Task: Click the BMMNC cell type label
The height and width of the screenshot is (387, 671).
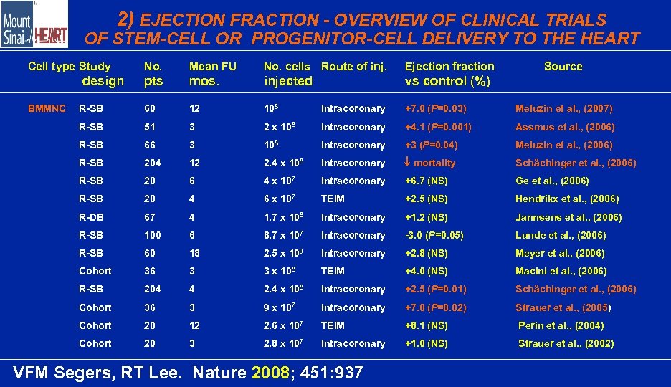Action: click(x=47, y=109)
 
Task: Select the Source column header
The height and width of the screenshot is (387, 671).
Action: click(x=563, y=67)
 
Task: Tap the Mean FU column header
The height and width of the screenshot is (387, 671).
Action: click(x=212, y=67)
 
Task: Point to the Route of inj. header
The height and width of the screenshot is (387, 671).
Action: click(x=353, y=67)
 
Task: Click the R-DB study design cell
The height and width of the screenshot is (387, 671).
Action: click(x=91, y=217)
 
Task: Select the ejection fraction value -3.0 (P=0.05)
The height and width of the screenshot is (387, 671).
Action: click(x=434, y=235)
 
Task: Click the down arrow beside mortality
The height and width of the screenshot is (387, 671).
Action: click(x=408, y=163)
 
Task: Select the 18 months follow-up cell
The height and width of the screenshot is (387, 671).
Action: click(x=194, y=253)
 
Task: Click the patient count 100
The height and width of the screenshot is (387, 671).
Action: click(x=153, y=235)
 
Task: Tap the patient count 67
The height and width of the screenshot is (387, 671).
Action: click(x=150, y=217)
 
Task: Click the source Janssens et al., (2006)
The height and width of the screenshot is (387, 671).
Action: click(x=568, y=217)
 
